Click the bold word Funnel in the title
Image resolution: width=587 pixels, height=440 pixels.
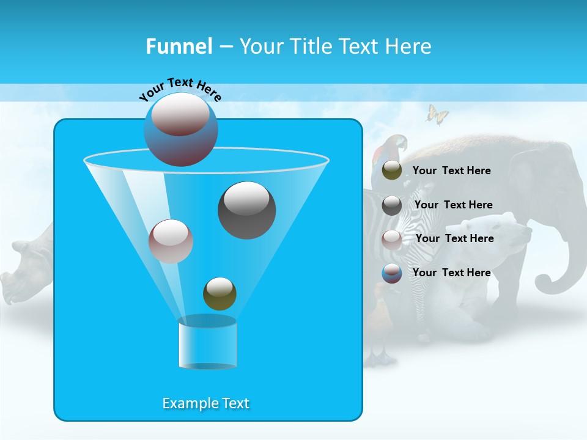click(x=179, y=46)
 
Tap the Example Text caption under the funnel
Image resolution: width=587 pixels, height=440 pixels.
click(x=205, y=403)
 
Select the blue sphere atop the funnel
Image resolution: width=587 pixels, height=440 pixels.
click(x=181, y=129)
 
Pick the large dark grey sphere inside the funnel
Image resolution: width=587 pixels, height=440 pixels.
click(x=246, y=210)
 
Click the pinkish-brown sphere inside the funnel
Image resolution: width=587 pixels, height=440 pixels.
click(x=171, y=241)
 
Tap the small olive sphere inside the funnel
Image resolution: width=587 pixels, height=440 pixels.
click(x=220, y=294)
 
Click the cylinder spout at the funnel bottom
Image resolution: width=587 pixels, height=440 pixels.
click(x=207, y=343)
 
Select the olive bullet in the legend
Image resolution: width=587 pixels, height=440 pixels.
click(x=392, y=170)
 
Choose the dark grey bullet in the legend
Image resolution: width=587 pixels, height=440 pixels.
click(x=392, y=205)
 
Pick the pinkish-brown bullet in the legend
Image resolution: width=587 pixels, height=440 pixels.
click(x=392, y=239)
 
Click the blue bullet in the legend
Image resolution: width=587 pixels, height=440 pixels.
click(x=392, y=273)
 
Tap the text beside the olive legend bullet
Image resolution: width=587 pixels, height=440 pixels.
click(x=451, y=170)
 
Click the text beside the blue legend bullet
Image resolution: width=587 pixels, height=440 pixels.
click(x=451, y=273)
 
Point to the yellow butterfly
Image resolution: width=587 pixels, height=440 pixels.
click(x=437, y=115)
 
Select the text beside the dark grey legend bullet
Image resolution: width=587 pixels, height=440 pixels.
click(x=453, y=205)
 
